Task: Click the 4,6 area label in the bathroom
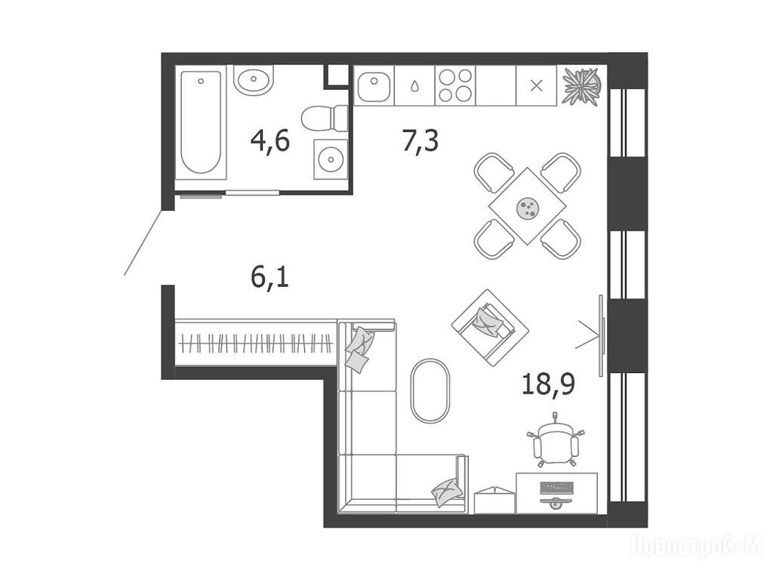pyautogui.click(x=269, y=141)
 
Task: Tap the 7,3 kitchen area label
pyautogui.click(x=420, y=141)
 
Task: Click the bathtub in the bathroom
pyautogui.click(x=201, y=122)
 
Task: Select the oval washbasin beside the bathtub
pyautogui.click(x=254, y=79)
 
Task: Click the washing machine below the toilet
pyautogui.click(x=331, y=159)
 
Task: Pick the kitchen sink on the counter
pyautogui.click(x=374, y=85)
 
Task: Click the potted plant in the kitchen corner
pyautogui.click(x=582, y=86)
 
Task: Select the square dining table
pyautogui.click(x=527, y=206)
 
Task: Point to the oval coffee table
pyautogui.click(x=430, y=390)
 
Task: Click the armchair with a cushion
pyautogui.click(x=490, y=328)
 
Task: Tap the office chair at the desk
pyautogui.click(x=556, y=441)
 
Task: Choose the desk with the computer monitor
pyautogui.click(x=556, y=492)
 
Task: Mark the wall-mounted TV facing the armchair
pyautogui.click(x=602, y=335)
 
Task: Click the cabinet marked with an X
pyautogui.click(x=537, y=85)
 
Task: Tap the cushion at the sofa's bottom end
pyautogui.click(x=447, y=492)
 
